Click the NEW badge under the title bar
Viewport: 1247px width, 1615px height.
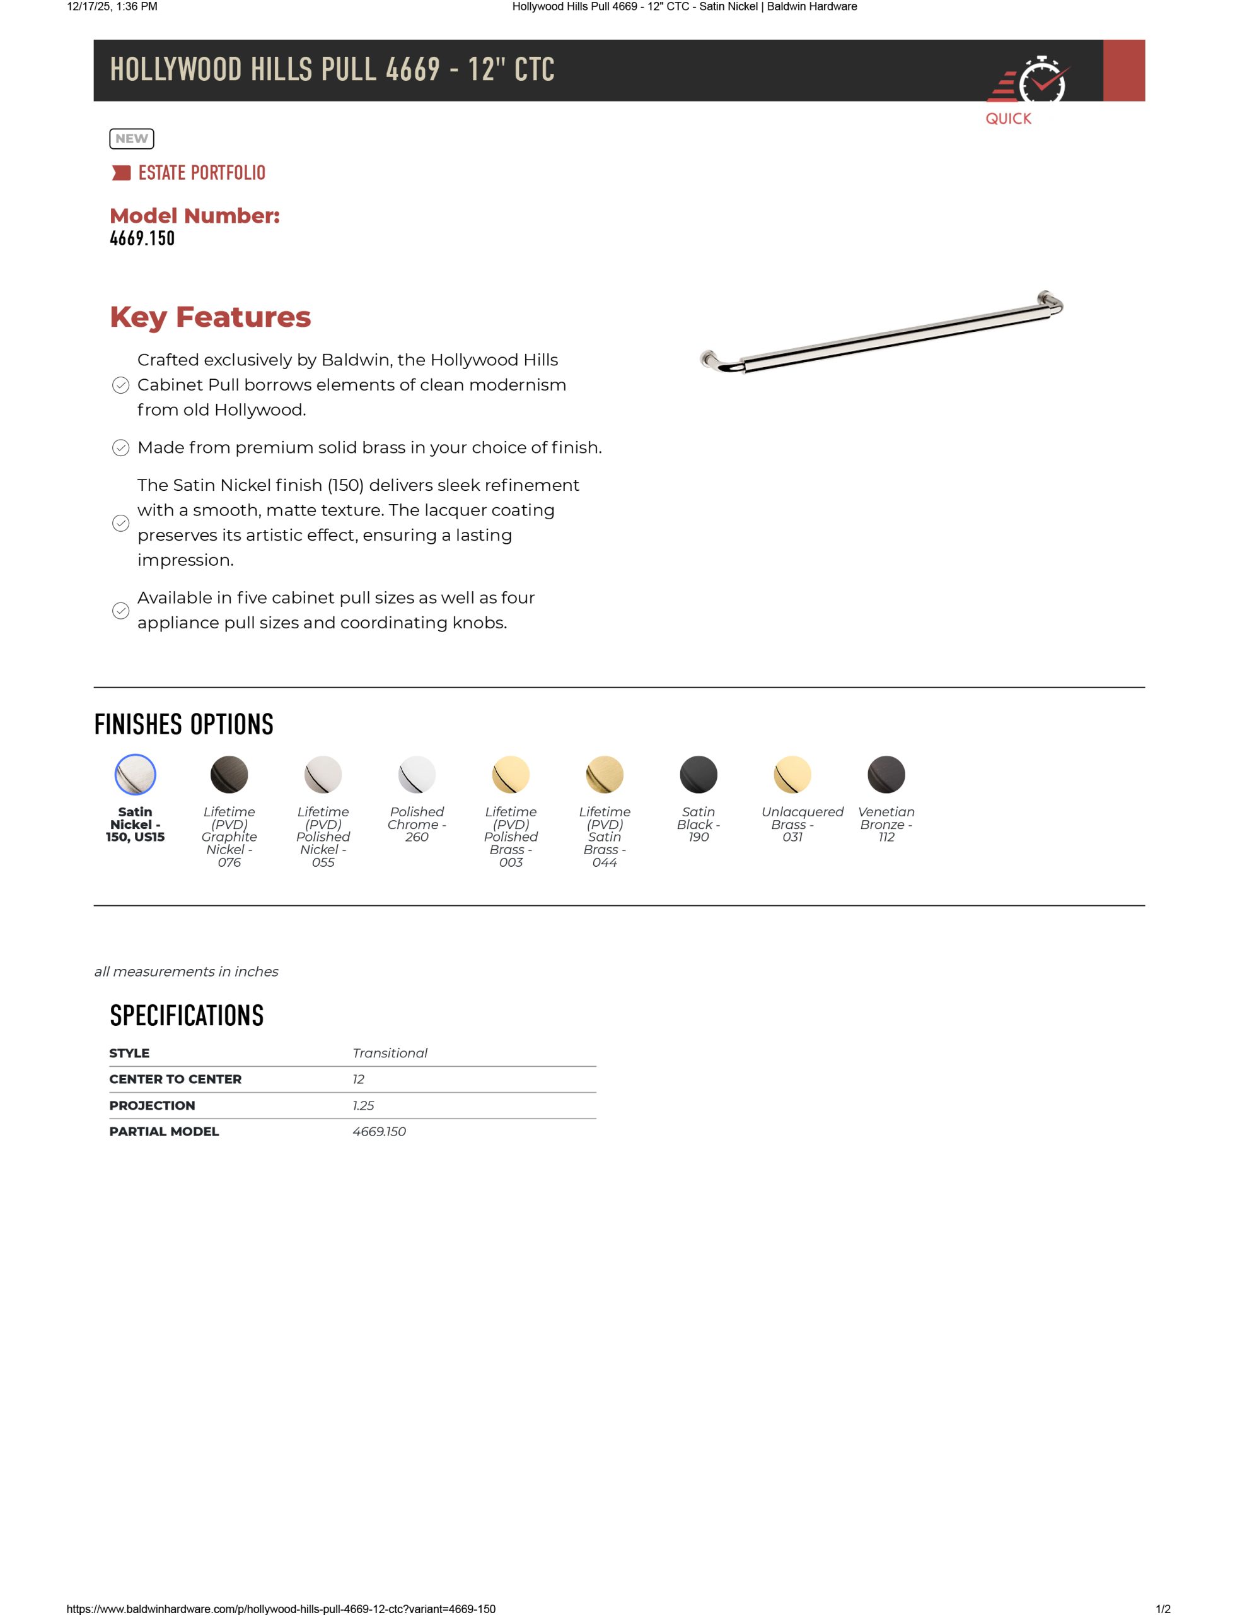pyautogui.click(x=132, y=138)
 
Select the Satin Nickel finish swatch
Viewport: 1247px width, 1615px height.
pyautogui.click(x=136, y=774)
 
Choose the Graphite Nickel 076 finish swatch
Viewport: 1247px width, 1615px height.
pyautogui.click(x=229, y=774)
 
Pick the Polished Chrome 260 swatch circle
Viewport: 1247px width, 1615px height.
pyautogui.click(x=417, y=774)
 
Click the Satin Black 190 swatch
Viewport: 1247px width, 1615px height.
pyautogui.click(x=699, y=774)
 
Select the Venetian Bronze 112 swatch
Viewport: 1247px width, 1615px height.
pyautogui.click(x=886, y=774)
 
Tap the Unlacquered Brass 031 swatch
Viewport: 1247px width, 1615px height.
pyautogui.click(x=792, y=774)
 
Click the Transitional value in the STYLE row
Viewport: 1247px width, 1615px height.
pyautogui.click(x=390, y=1053)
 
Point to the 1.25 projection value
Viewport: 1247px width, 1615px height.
pyautogui.click(x=363, y=1105)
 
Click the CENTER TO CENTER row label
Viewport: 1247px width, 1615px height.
pyautogui.click(x=175, y=1079)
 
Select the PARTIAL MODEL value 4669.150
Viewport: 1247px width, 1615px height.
pyautogui.click(x=379, y=1131)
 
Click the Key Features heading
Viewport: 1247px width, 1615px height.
pyautogui.click(x=211, y=317)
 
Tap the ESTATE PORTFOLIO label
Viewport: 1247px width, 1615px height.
pyautogui.click(x=201, y=173)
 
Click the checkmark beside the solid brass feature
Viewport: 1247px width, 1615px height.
pyautogui.click(x=120, y=448)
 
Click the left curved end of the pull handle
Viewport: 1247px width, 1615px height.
pyautogui.click(x=716, y=361)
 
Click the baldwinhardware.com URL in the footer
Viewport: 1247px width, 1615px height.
pyautogui.click(x=281, y=1608)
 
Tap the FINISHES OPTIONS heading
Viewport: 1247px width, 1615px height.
pyautogui.click(x=184, y=724)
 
